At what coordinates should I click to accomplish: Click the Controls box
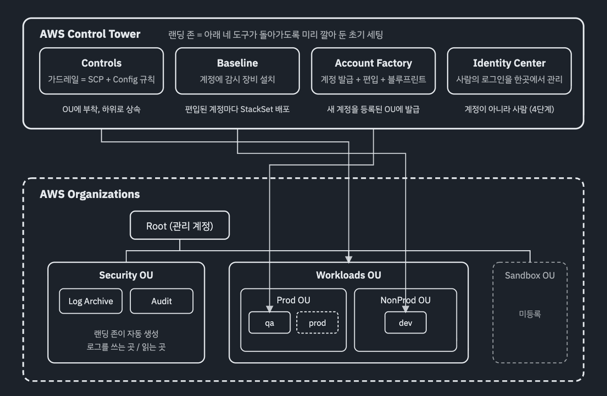click(x=101, y=71)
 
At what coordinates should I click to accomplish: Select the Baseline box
click(x=237, y=71)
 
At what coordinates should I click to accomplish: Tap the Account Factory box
click(x=373, y=71)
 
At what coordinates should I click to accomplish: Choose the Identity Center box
click(x=509, y=71)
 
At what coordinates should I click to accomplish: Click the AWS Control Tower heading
click(x=90, y=34)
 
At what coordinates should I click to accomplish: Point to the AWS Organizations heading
click(x=89, y=194)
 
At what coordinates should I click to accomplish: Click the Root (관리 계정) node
click(x=180, y=225)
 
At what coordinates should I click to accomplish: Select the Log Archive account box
click(x=91, y=301)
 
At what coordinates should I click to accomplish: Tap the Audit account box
click(x=161, y=301)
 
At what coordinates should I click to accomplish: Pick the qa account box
click(x=270, y=323)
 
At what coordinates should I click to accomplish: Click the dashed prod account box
click(x=317, y=323)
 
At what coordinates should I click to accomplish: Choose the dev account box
click(x=406, y=323)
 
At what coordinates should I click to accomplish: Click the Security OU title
click(x=126, y=275)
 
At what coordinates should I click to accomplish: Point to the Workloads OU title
click(x=348, y=275)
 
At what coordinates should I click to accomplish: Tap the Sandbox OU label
click(x=530, y=275)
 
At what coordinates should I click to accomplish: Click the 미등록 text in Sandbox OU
click(x=530, y=314)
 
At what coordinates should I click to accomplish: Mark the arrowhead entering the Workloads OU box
click(x=349, y=259)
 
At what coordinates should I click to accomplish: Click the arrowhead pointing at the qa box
click(x=270, y=309)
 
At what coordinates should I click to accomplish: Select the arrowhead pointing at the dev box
click(x=406, y=309)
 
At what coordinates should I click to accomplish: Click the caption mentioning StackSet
click(x=237, y=109)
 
